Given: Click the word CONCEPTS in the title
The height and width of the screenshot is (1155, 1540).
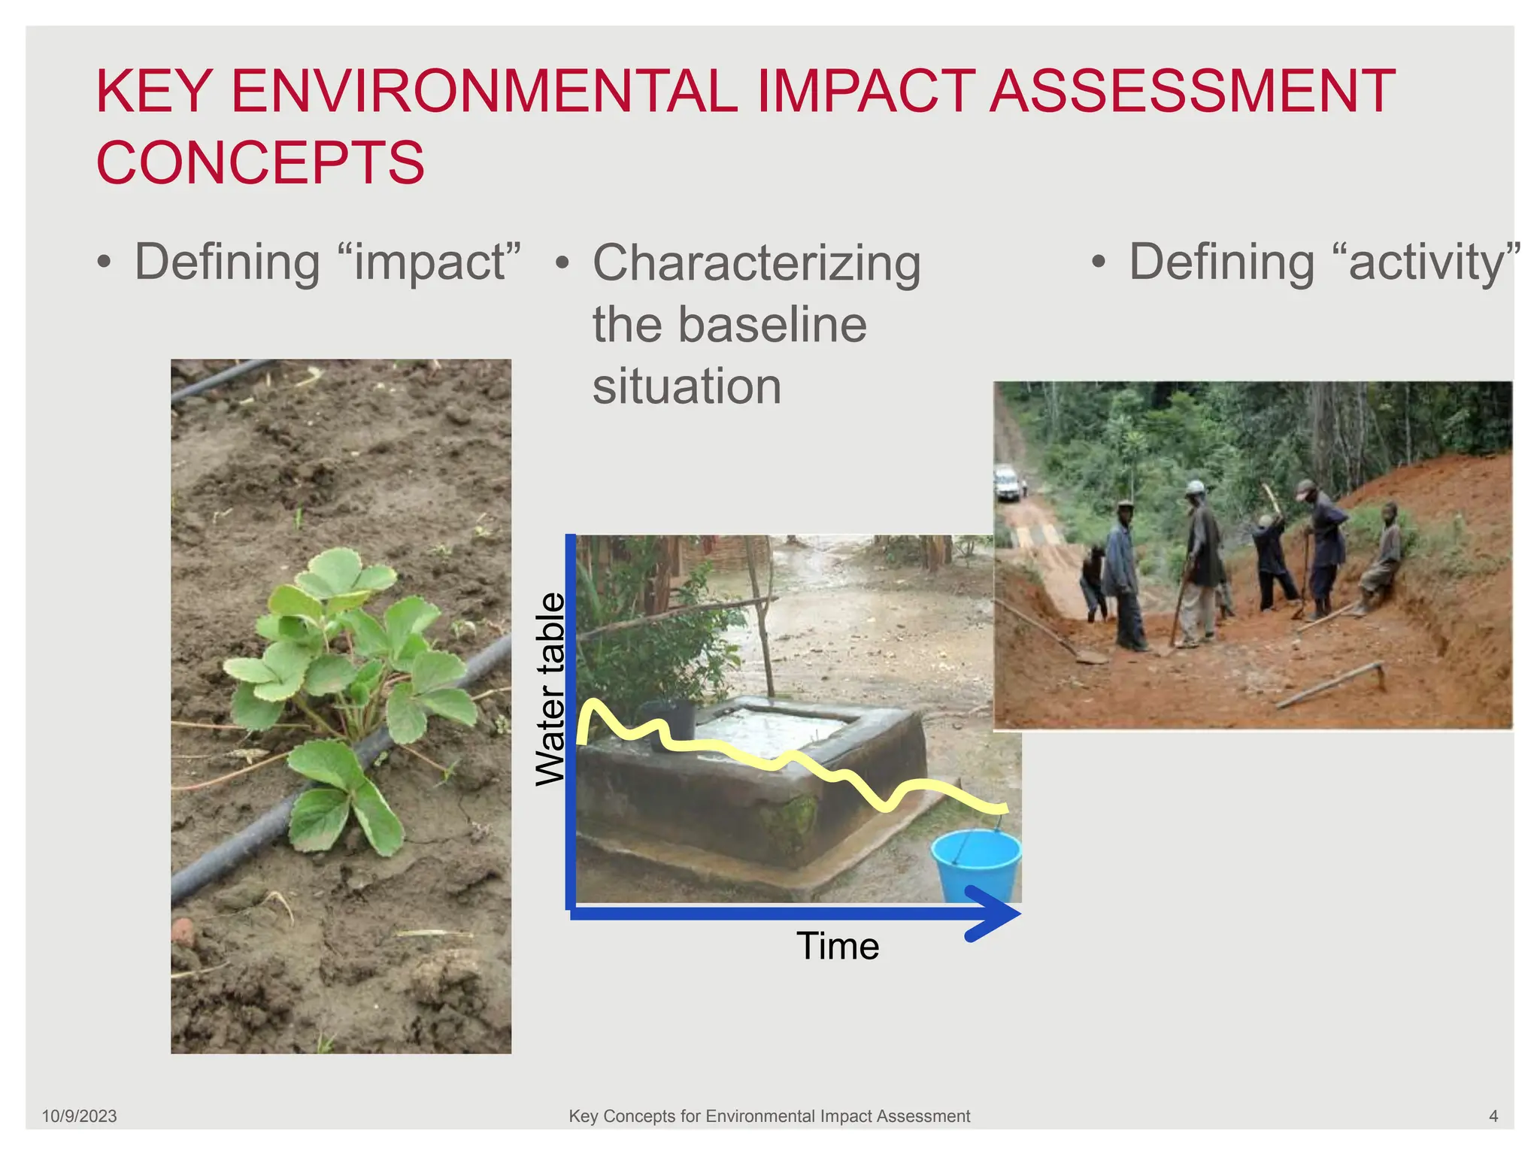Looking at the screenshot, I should [x=260, y=162].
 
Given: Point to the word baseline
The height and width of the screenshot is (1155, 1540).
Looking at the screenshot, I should [x=772, y=325].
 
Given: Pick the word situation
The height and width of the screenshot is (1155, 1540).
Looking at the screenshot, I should [x=687, y=387].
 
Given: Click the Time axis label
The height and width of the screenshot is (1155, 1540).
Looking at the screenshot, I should [x=838, y=946].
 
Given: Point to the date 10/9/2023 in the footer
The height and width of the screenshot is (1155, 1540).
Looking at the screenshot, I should [x=79, y=1116].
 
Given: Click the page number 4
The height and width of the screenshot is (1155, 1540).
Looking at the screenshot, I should [x=1493, y=1116].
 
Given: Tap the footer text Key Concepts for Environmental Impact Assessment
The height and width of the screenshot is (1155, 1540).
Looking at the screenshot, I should [x=769, y=1116].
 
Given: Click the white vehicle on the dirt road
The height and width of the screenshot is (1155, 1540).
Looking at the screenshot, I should [x=1008, y=483].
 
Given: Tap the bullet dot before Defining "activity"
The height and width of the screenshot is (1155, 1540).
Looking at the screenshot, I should [x=1099, y=262].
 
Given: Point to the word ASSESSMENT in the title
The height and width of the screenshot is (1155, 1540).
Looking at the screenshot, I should [x=1192, y=92].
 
